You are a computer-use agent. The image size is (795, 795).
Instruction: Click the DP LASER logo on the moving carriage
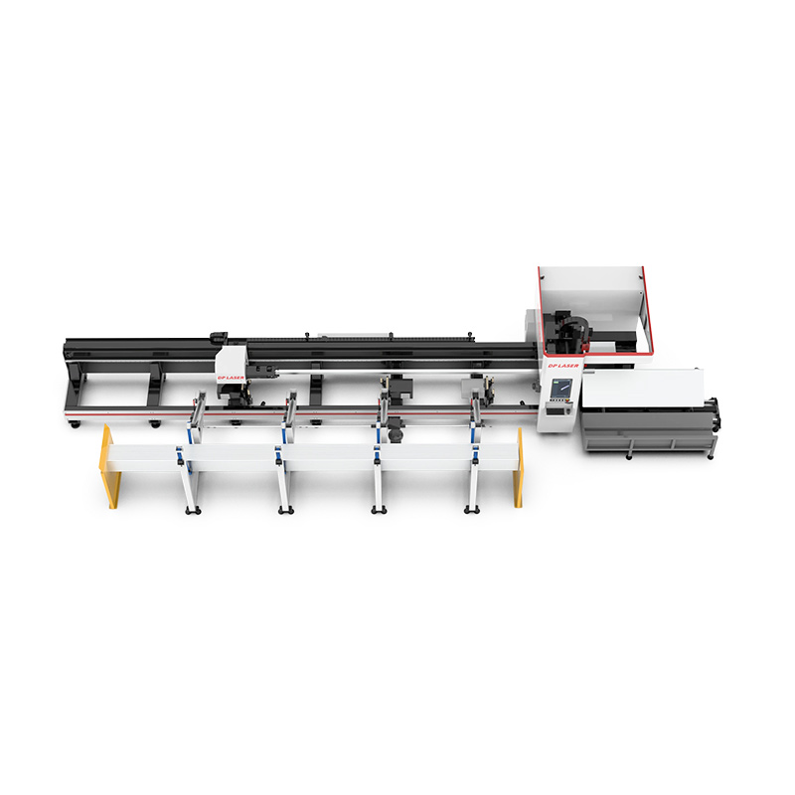point(231,377)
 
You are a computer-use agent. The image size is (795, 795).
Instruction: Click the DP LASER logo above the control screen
point(562,365)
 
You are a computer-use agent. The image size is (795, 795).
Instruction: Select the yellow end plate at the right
point(519,467)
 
